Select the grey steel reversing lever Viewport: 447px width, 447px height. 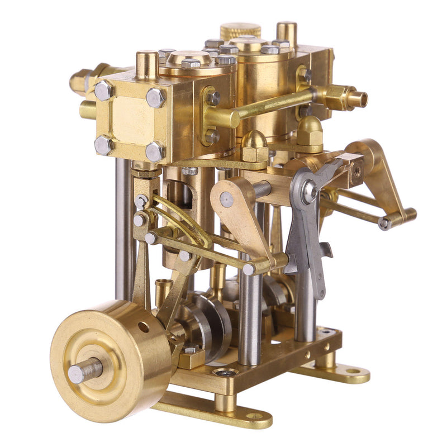point(306,235)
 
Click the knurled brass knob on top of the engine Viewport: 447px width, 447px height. point(240,30)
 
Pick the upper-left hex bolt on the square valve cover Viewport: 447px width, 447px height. point(104,91)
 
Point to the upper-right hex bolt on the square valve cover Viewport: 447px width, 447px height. point(156,98)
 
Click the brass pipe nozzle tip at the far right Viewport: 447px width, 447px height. point(358,98)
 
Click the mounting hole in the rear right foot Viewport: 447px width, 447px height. point(353,370)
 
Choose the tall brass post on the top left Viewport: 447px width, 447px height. point(147,64)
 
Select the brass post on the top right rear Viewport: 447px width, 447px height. point(287,34)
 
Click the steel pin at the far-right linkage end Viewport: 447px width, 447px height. point(384,223)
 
